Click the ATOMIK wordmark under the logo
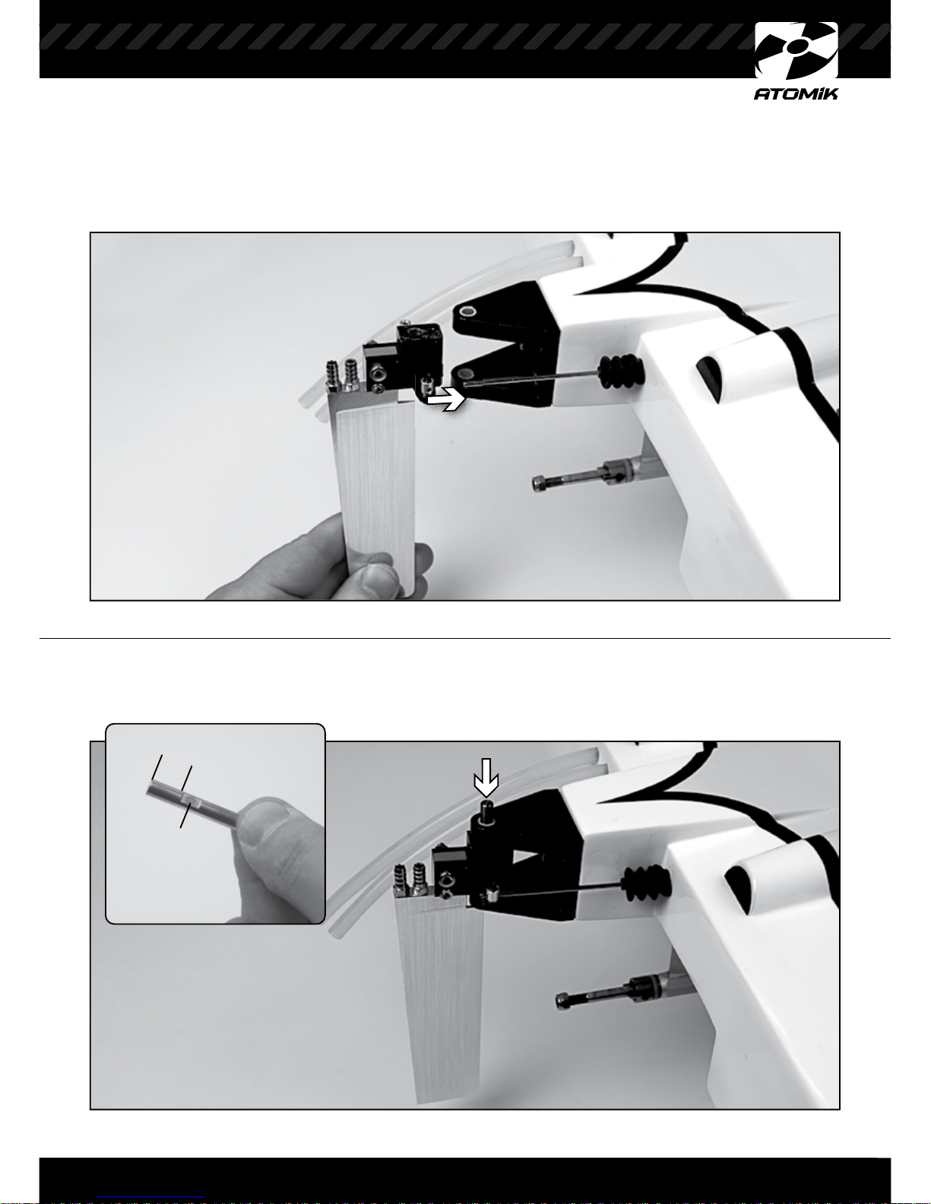[795, 93]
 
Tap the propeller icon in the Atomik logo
[796, 50]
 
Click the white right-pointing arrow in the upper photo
[445, 399]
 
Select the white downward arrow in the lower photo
[486, 777]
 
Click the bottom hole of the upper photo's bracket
[462, 376]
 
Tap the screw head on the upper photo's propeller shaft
[539, 484]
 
